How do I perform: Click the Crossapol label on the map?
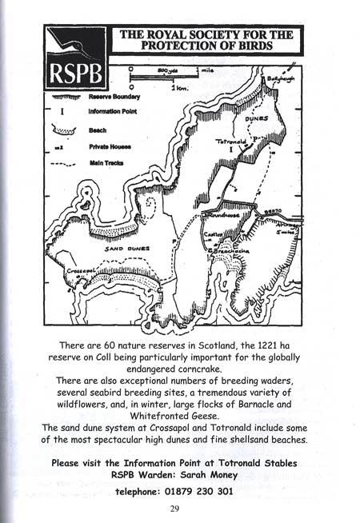pyautogui.click(x=80, y=271)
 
